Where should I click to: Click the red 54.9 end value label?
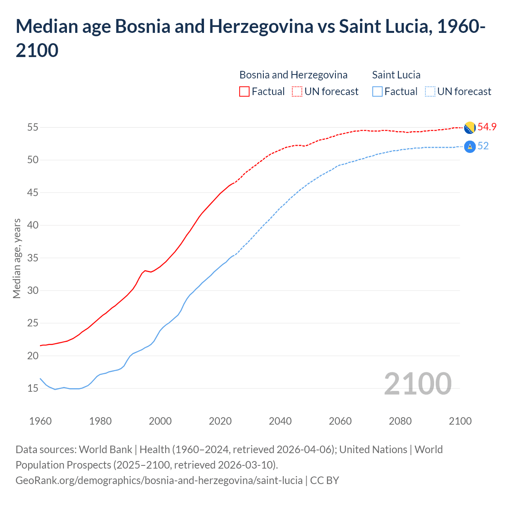pos(487,127)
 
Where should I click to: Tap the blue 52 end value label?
pos(483,146)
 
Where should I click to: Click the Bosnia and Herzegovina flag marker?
pos(470,128)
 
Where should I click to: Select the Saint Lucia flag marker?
pos(470,147)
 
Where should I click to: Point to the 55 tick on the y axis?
pos(32,128)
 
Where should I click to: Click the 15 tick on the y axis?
pos(32,388)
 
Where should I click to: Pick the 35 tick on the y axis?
pos(32,258)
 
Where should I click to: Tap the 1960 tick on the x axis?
pos(40,421)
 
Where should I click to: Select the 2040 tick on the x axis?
pos(280,421)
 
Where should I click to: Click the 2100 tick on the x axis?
pos(460,421)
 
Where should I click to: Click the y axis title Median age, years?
pos(17,258)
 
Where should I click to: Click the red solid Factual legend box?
pos(244,91)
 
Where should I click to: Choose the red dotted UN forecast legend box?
pos(297,91)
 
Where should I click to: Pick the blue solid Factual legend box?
pos(377,91)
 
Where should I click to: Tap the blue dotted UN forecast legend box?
pos(430,91)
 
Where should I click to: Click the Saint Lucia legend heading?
pos(396,75)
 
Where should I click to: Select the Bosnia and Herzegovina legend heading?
pos(294,75)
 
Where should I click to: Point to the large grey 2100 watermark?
pos(417,383)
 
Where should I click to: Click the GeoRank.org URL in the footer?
pos(159,480)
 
